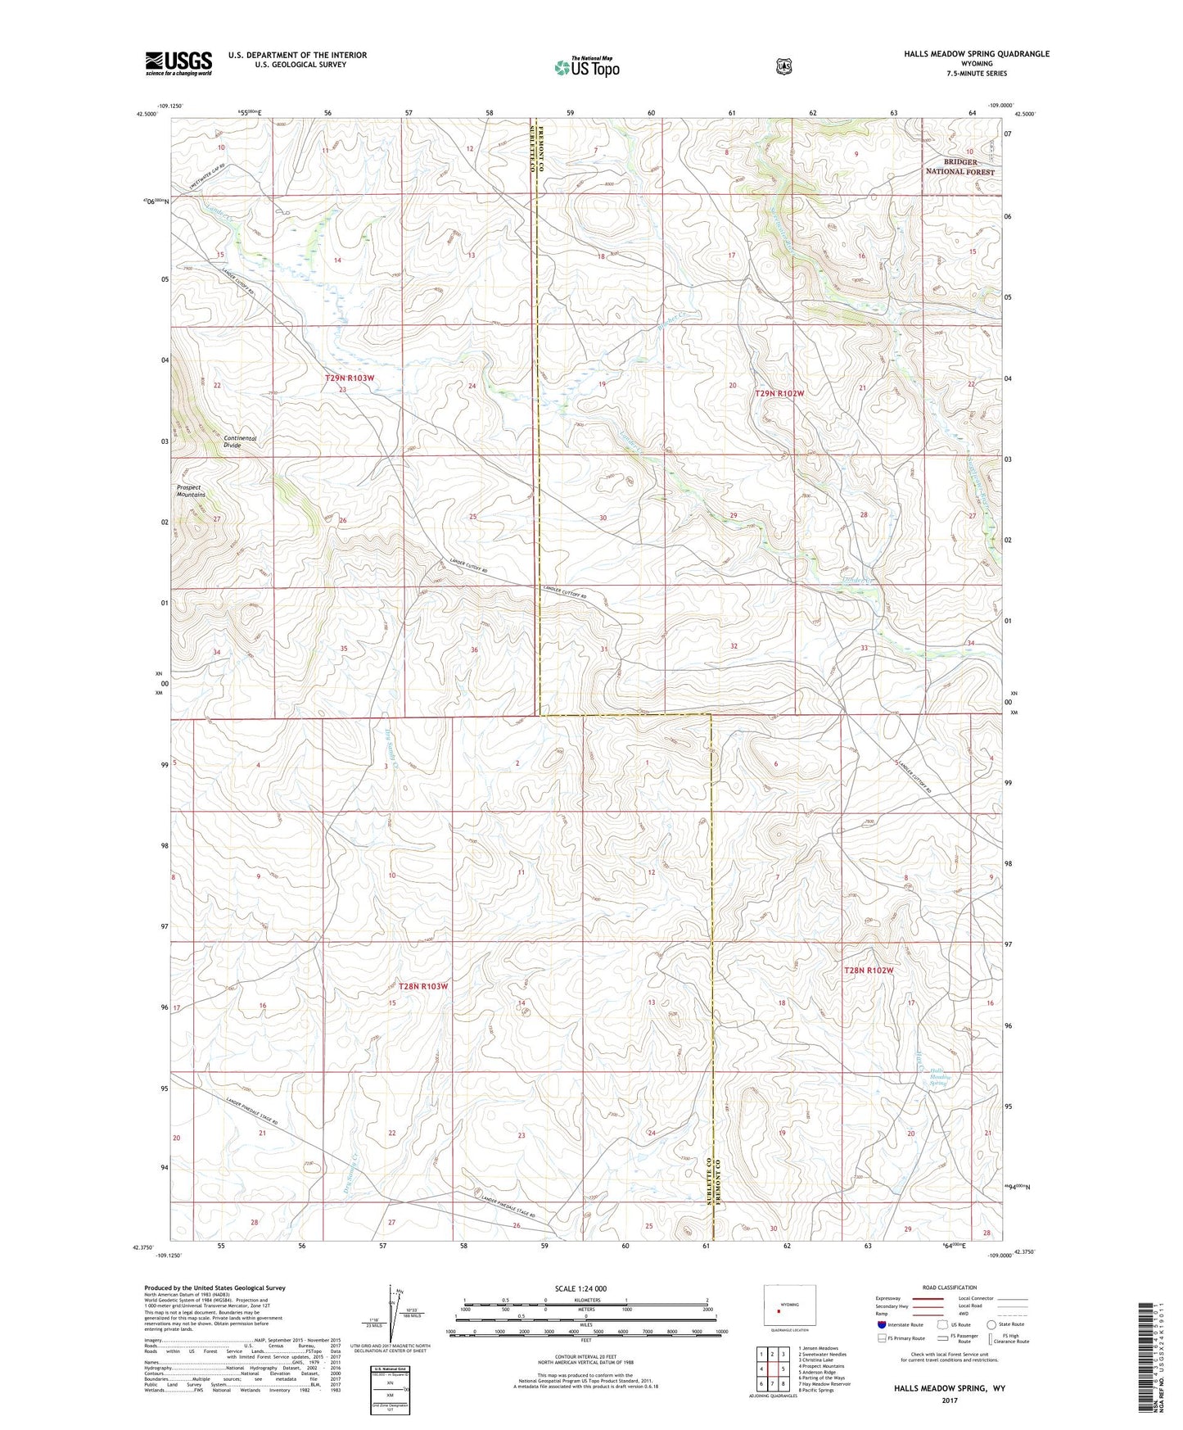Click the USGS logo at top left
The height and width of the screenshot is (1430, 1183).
(178, 63)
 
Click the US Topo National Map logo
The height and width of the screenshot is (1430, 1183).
(586, 66)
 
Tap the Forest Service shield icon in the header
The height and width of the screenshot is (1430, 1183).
(784, 66)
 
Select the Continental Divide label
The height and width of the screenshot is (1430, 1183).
(240, 441)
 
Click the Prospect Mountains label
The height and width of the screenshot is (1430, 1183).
(191, 491)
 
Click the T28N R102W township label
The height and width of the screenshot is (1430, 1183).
(868, 971)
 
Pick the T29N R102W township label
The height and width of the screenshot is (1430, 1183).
(779, 394)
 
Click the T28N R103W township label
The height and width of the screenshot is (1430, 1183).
(422, 986)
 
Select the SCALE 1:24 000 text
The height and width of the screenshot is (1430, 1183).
(580, 1288)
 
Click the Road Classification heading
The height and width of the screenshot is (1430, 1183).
(949, 1287)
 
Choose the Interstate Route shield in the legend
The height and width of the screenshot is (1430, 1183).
(881, 1324)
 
